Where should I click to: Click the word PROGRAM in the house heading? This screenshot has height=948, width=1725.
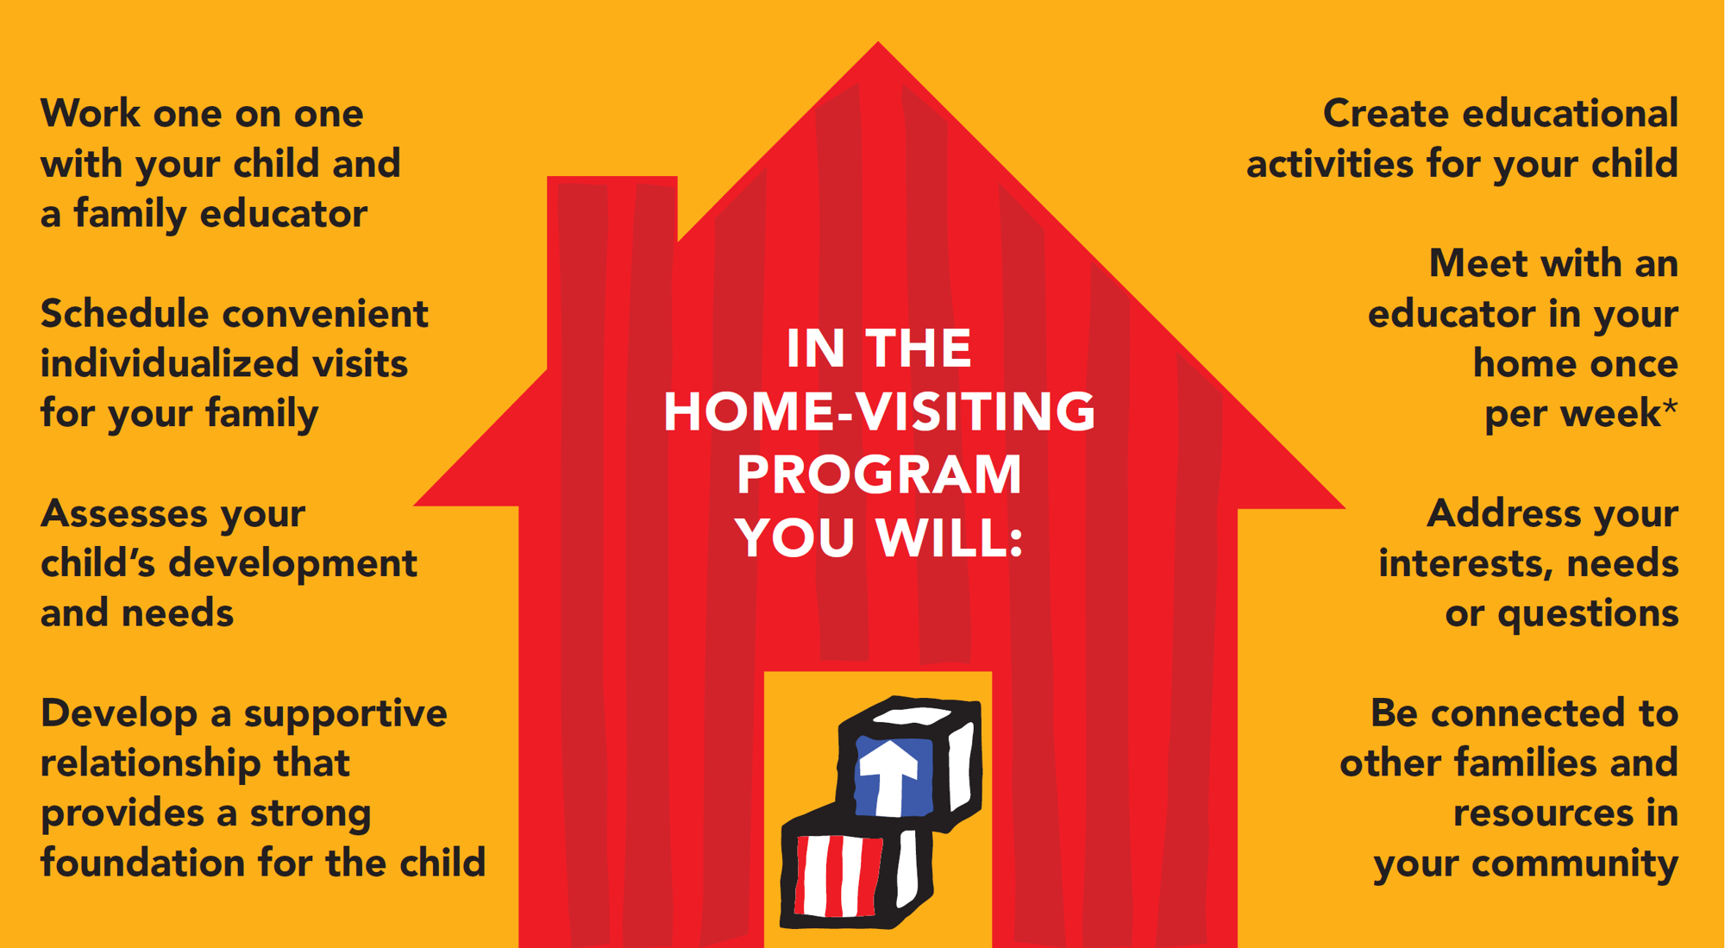pyautogui.click(x=879, y=474)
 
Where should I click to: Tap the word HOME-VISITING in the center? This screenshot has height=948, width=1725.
pyautogui.click(x=879, y=411)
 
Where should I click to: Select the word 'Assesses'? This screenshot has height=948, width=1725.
pyautogui.click(x=124, y=513)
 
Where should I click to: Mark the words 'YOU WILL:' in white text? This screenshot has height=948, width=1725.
pyautogui.click(x=879, y=537)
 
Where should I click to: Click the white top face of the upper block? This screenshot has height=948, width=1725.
pyautogui.click(x=913, y=715)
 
